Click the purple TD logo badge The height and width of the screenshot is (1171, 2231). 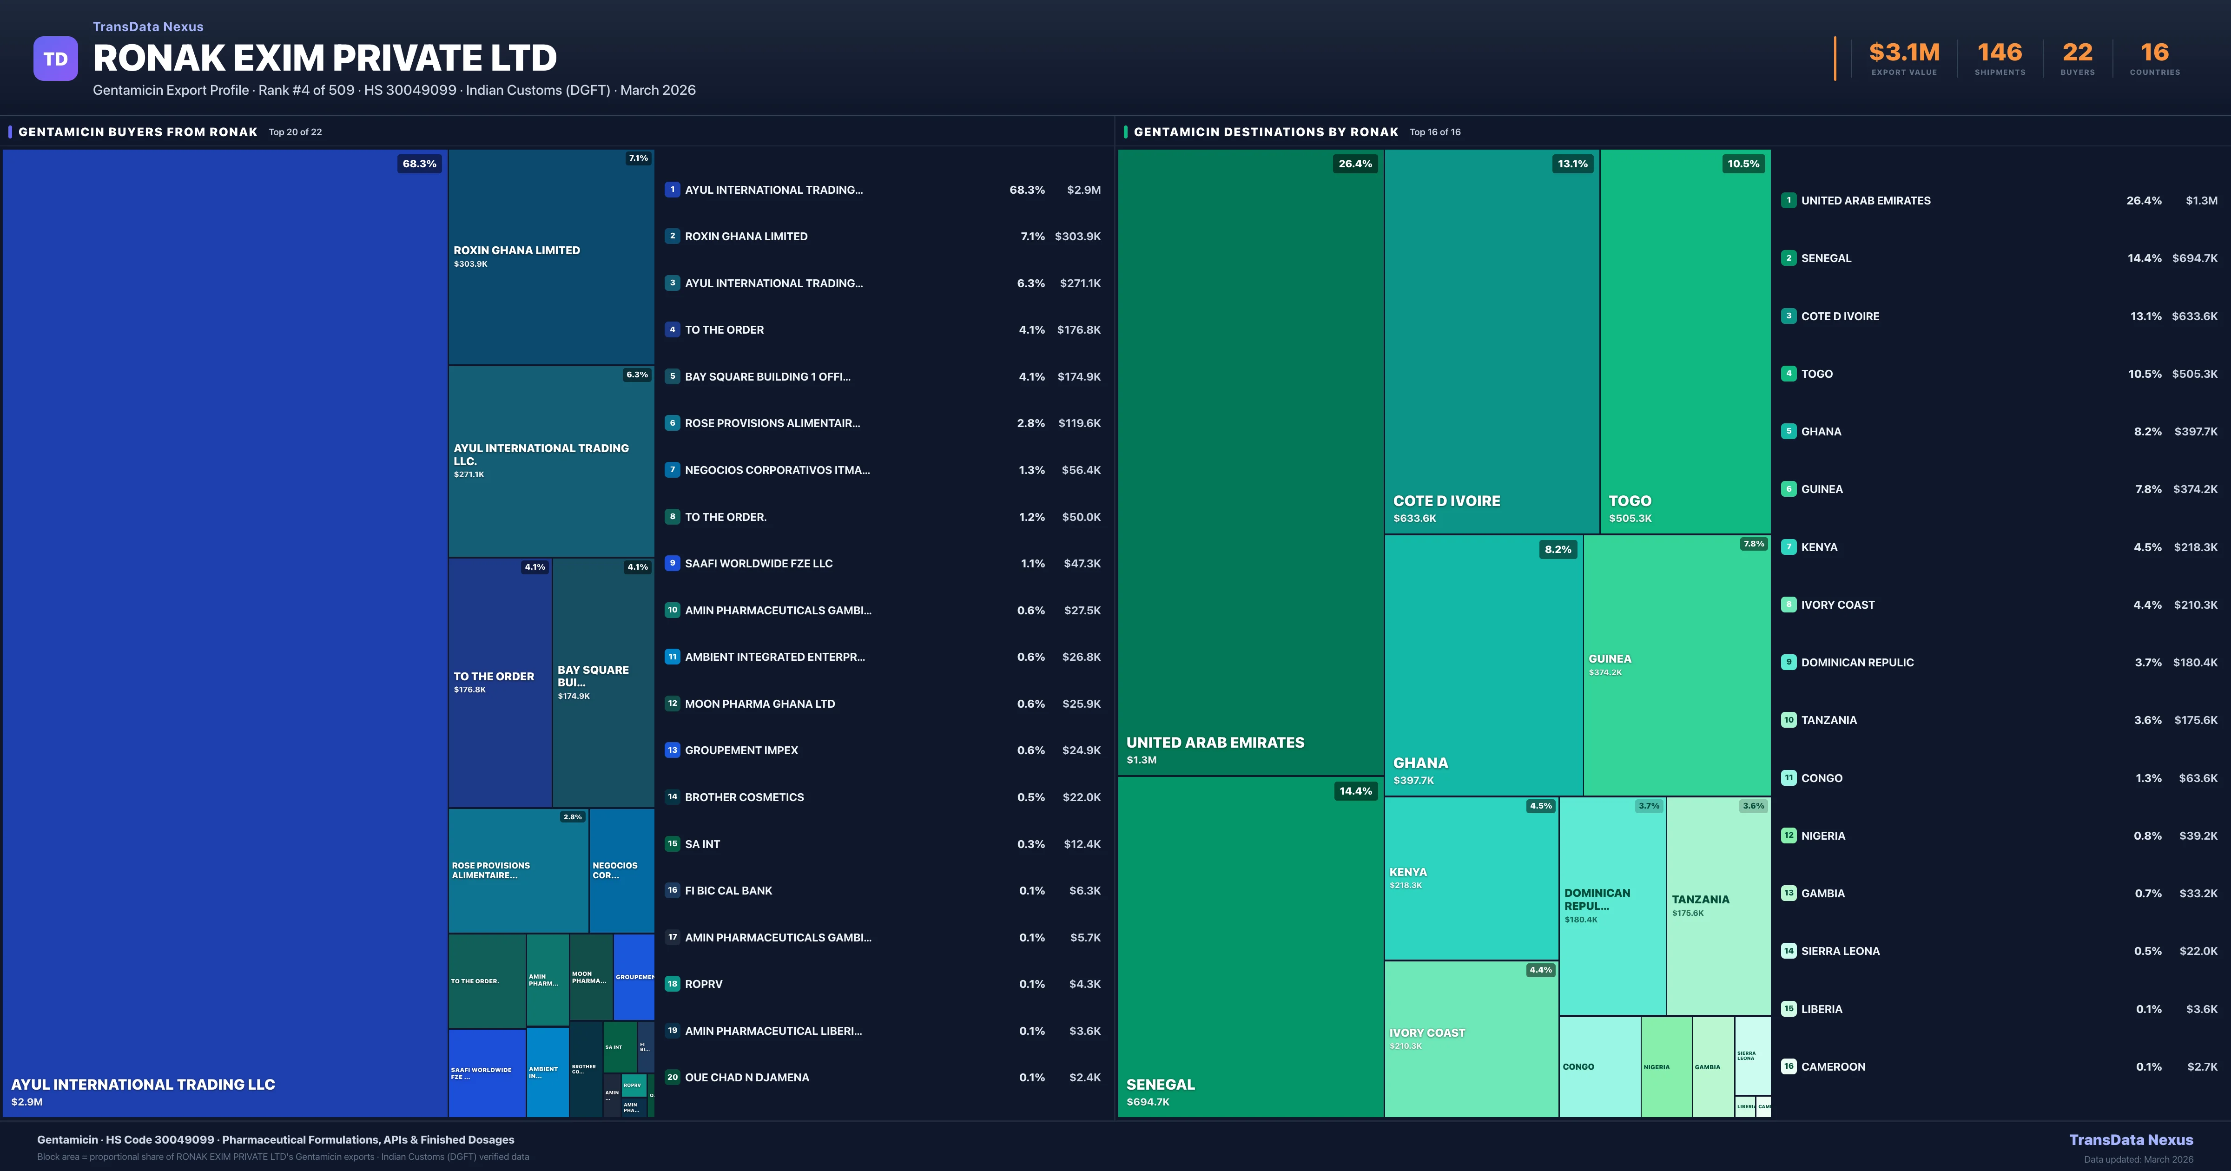click(55, 59)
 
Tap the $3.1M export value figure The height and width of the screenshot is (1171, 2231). click(1904, 53)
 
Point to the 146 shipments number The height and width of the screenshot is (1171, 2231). click(2000, 53)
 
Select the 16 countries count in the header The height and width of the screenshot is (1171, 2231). click(2155, 53)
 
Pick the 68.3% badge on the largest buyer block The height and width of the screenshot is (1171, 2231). click(419, 164)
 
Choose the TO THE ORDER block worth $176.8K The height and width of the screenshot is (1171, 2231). click(500, 683)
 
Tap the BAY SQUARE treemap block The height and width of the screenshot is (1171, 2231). click(603, 683)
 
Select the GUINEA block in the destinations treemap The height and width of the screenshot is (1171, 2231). click(1676, 664)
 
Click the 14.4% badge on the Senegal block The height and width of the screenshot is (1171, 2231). click(1355, 791)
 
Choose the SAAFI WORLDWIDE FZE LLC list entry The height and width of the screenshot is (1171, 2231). click(759, 564)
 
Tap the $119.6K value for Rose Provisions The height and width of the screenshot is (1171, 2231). click(1079, 423)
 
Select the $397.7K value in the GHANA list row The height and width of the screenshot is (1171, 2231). click(2196, 431)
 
